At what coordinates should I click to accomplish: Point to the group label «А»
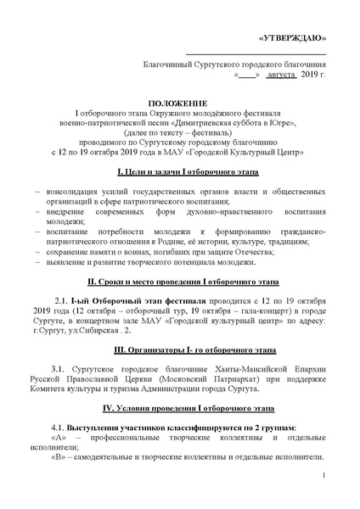59,439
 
